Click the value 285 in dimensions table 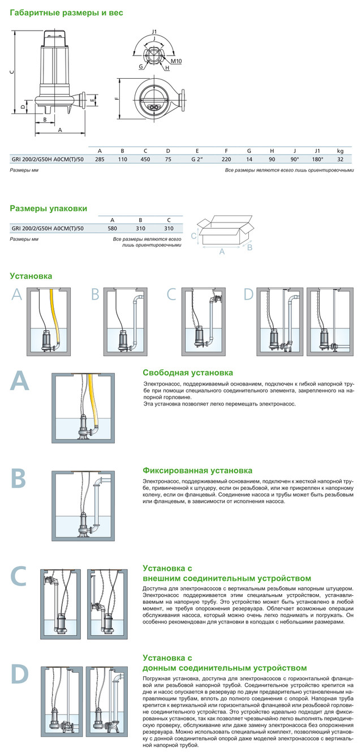[x=100, y=159]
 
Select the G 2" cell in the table [x=197, y=159]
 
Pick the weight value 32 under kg [x=340, y=159]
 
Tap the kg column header [x=340, y=150]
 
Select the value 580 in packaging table [x=112, y=228]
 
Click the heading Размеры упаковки [x=49, y=208]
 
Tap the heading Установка [x=31, y=276]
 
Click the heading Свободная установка [x=187, y=373]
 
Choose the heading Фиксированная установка [x=197, y=471]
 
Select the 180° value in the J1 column [x=318, y=159]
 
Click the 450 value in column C [x=145, y=159]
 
